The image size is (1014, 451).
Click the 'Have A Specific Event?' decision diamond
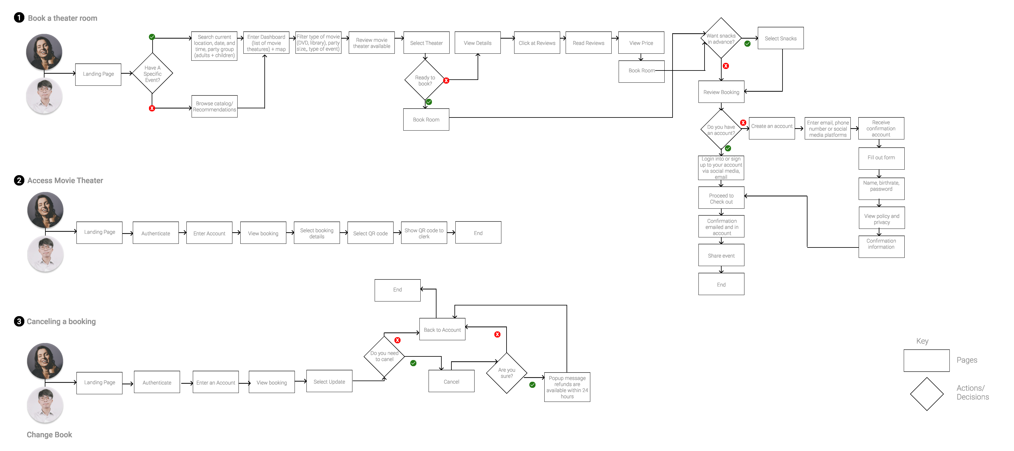click(x=152, y=74)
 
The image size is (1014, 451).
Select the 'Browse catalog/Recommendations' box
click(x=214, y=106)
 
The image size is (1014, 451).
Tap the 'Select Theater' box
click(x=426, y=43)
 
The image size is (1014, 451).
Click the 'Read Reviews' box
click(x=588, y=43)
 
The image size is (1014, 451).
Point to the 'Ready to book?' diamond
click(x=425, y=81)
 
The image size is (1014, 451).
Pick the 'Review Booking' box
click(x=721, y=92)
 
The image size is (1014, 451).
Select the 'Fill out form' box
click(x=881, y=158)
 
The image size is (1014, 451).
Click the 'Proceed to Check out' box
click(x=721, y=198)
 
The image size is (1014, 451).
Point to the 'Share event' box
click(x=721, y=255)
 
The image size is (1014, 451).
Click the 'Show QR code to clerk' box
click(x=424, y=233)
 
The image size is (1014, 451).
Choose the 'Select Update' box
click(x=329, y=381)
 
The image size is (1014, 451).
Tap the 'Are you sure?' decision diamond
click(x=507, y=373)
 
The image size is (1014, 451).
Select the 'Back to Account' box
click(x=442, y=330)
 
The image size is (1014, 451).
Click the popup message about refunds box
click(x=567, y=387)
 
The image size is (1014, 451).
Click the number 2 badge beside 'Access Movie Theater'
click(x=19, y=181)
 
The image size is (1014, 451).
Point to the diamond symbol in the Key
click(x=927, y=394)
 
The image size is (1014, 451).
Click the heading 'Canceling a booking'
click(x=61, y=321)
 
